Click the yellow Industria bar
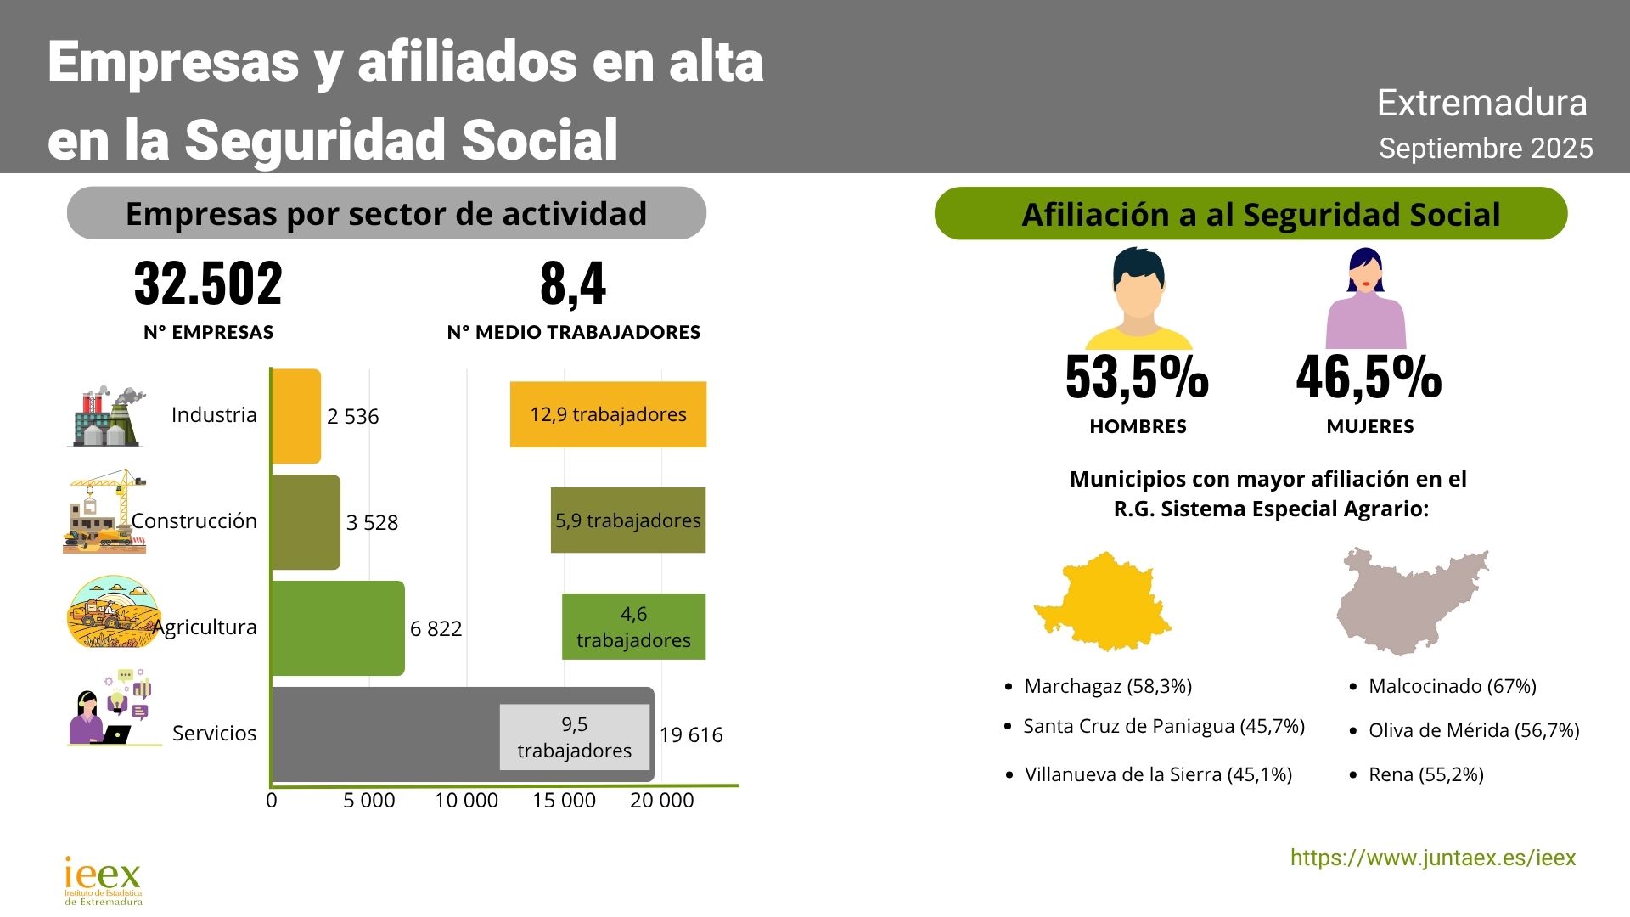click(x=296, y=416)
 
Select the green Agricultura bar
click(x=337, y=628)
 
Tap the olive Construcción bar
click(x=306, y=522)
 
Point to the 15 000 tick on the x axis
click(x=564, y=801)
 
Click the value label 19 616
click(x=691, y=735)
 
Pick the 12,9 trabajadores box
click(x=608, y=414)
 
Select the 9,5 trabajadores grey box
click(x=574, y=737)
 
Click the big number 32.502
click(x=208, y=284)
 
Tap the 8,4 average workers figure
click(x=573, y=284)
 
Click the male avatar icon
click(x=1138, y=299)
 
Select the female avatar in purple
click(x=1366, y=299)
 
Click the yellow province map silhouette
click(x=1104, y=601)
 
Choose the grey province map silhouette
click(x=1409, y=601)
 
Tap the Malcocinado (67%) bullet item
click(x=1452, y=686)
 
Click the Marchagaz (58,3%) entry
click(x=1108, y=686)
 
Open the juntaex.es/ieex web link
click(x=1433, y=858)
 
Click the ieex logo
click(x=103, y=880)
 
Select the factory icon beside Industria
click(x=106, y=416)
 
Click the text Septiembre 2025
click(x=1486, y=149)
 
